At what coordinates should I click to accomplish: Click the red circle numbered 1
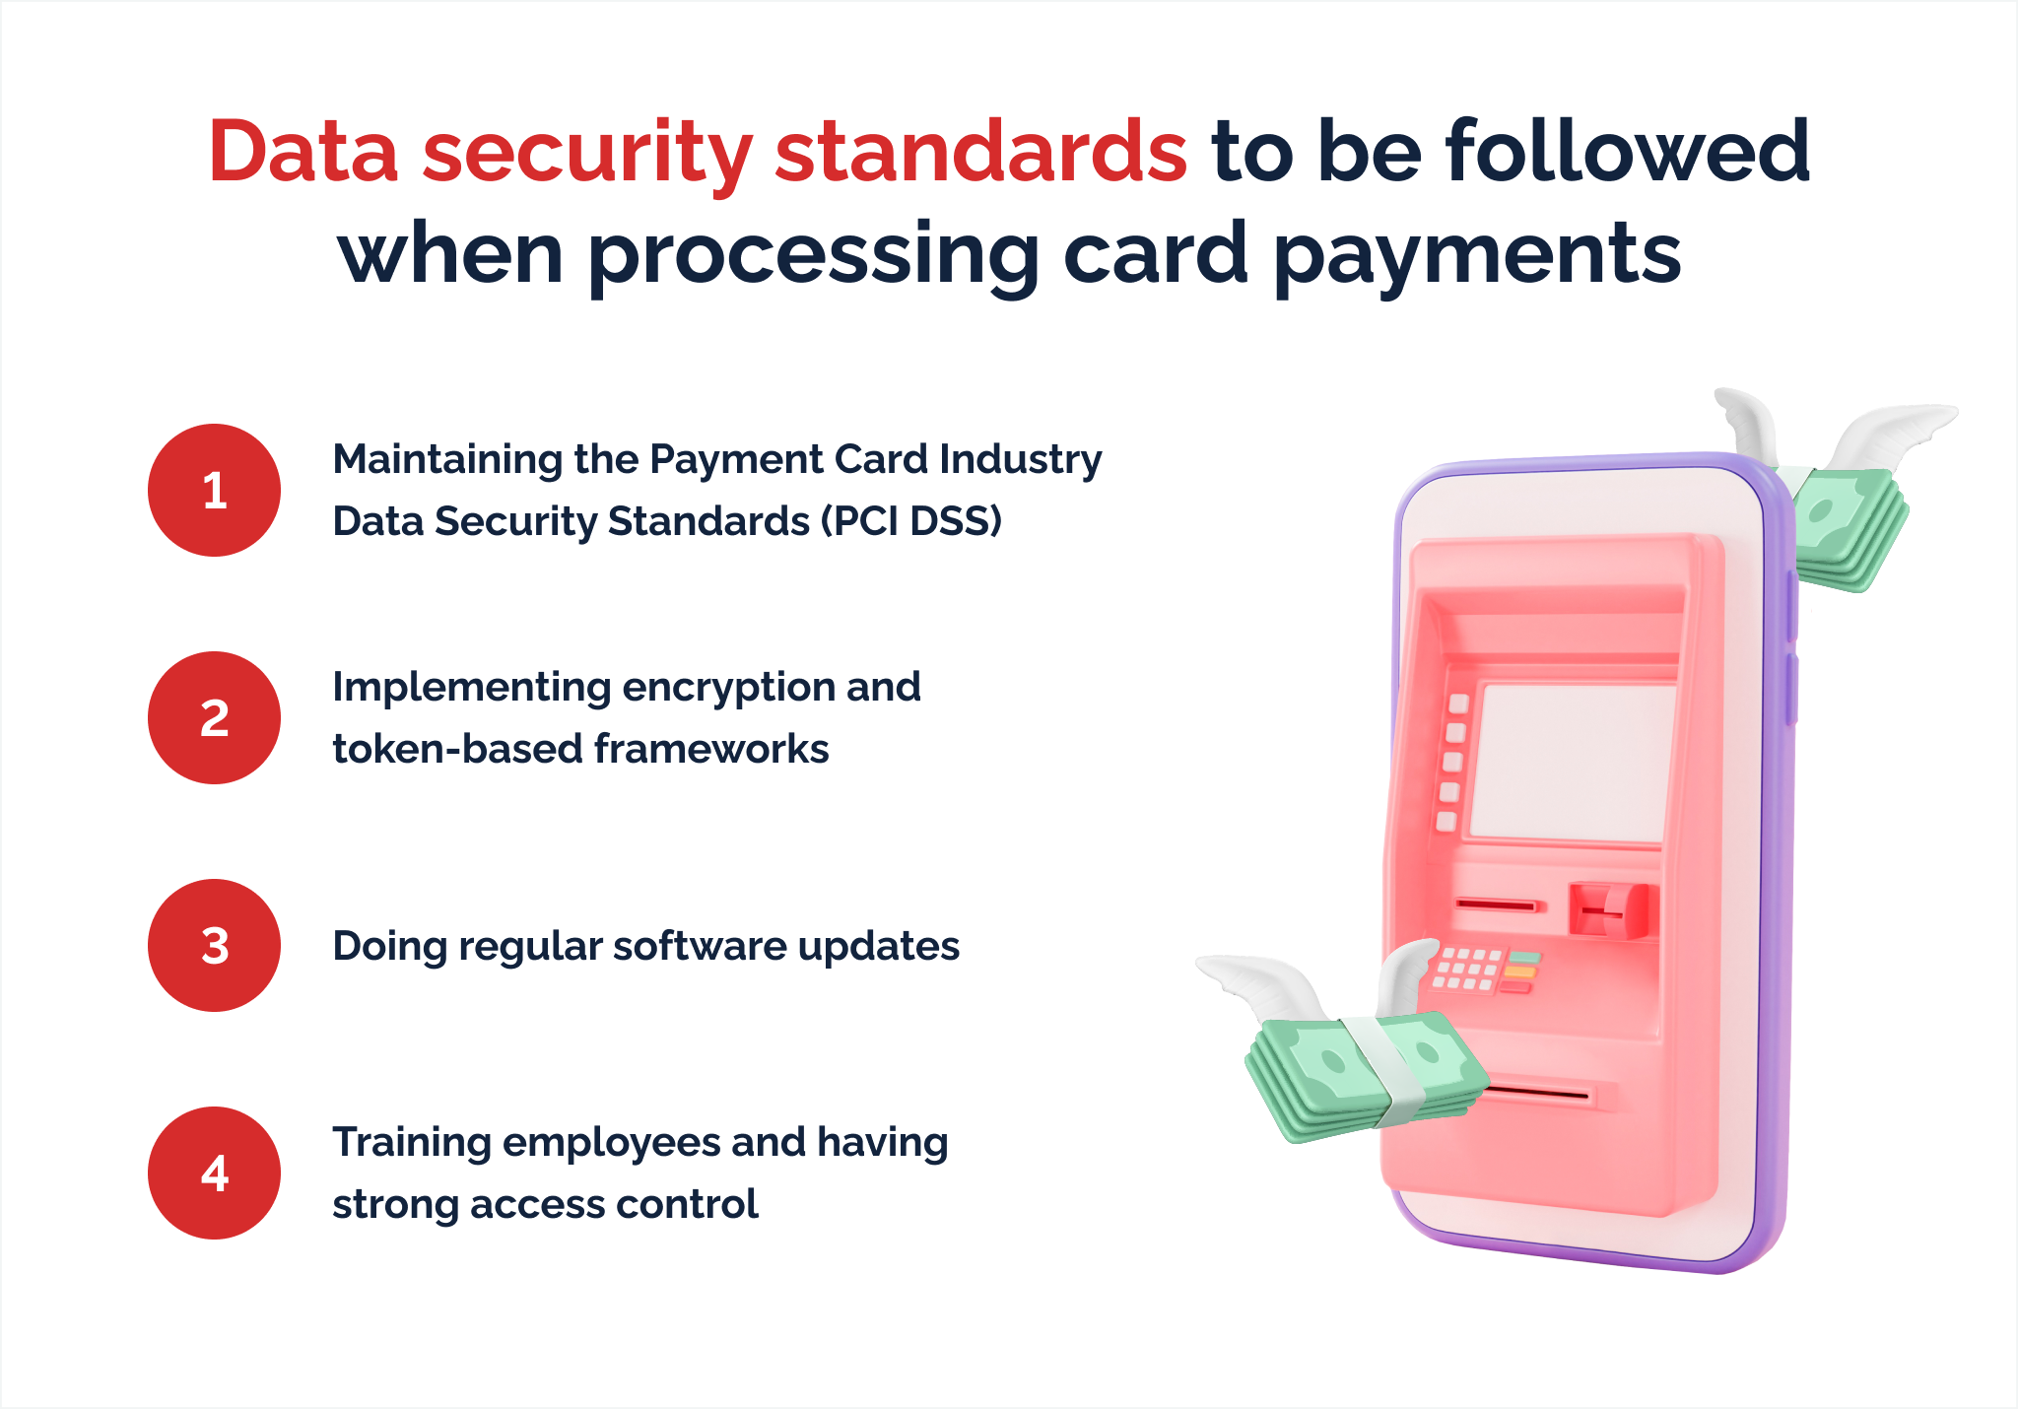tap(214, 490)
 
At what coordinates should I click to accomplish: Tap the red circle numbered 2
tap(214, 717)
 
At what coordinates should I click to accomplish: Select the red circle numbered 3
tap(214, 945)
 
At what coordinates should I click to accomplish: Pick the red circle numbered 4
tap(214, 1173)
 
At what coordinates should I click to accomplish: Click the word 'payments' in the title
tap(1477, 253)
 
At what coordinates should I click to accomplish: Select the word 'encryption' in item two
tap(727, 687)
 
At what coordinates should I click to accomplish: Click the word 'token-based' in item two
tap(457, 749)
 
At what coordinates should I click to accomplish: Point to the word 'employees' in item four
tap(611, 1143)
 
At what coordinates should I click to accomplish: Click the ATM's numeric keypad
tap(1468, 969)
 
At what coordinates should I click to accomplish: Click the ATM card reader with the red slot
tap(1612, 909)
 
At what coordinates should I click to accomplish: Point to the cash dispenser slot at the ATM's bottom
tap(1537, 1093)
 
